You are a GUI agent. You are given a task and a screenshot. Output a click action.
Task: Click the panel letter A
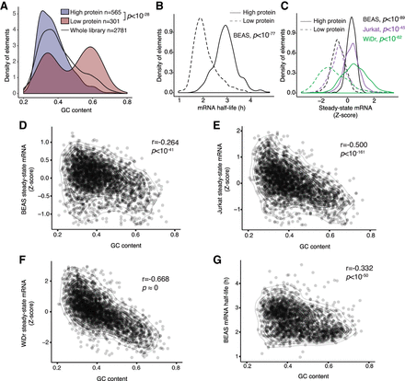(6, 6)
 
